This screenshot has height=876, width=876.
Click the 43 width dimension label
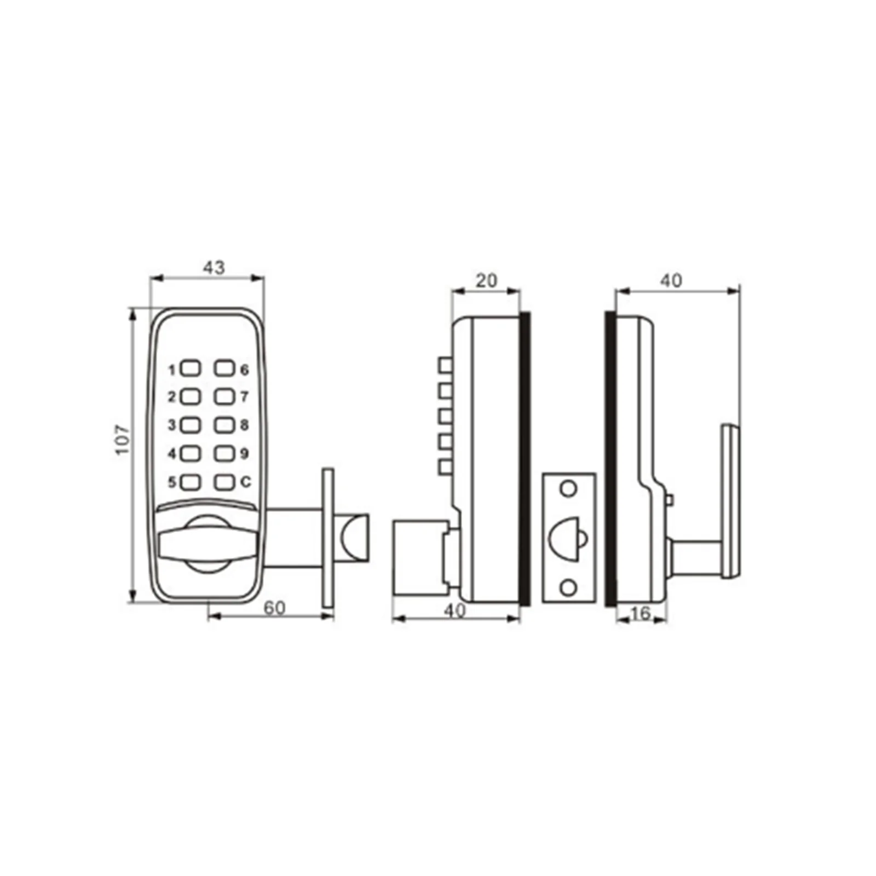[x=214, y=267]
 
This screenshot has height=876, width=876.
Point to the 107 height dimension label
[x=122, y=439]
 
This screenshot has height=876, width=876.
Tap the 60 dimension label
[x=274, y=608]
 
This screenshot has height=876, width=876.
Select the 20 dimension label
[x=486, y=281]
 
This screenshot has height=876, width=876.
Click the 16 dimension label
[x=640, y=614]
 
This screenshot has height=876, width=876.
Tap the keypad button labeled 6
[x=224, y=368]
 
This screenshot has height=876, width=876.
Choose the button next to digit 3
[x=191, y=425]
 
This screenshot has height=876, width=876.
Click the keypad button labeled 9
[x=224, y=453]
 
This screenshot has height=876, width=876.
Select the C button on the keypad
[x=224, y=482]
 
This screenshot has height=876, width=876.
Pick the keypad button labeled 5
[x=191, y=482]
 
